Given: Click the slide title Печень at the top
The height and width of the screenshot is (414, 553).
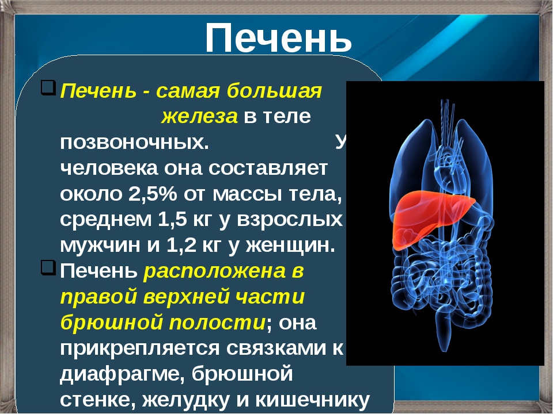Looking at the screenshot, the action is click(x=278, y=38).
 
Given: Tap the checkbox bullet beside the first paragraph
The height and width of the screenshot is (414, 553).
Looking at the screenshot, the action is click(x=48, y=87).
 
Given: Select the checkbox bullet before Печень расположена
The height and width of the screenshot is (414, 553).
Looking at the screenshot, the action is click(x=48, y=267).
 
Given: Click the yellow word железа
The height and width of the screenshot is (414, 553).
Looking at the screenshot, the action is click(x=199, y=117).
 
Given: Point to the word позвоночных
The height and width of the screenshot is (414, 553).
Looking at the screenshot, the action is click(x=134, y=143).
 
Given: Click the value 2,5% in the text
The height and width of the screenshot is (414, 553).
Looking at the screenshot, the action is click(x=152, y=194).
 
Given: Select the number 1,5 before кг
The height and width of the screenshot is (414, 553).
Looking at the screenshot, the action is click(x=172, y=219).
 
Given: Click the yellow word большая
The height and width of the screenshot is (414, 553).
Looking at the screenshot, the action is click(x=274, y=91).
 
